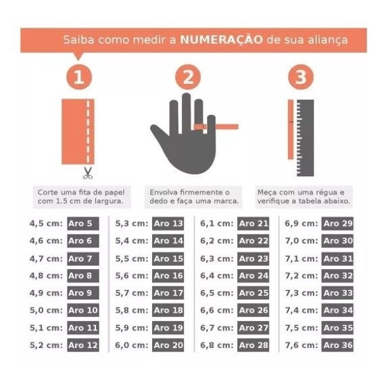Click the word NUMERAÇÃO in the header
220,39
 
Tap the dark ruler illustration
306,137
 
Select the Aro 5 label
82,224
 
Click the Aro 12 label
82,345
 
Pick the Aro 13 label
168,224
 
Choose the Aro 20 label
168,345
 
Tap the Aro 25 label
253,293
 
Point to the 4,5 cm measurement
46,224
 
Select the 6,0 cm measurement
132,345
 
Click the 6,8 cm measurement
217,345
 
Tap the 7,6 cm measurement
302,345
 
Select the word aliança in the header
327,39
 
